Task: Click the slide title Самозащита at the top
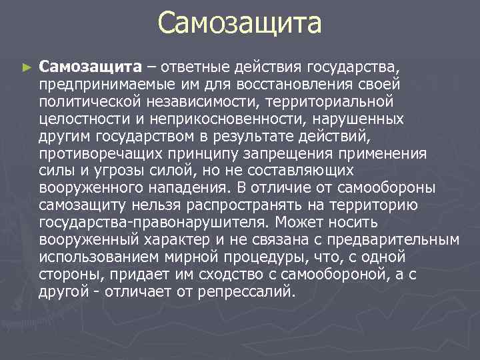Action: pos(240,24)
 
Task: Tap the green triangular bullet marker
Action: pos(26,67)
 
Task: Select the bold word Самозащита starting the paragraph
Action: pos(90,67)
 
